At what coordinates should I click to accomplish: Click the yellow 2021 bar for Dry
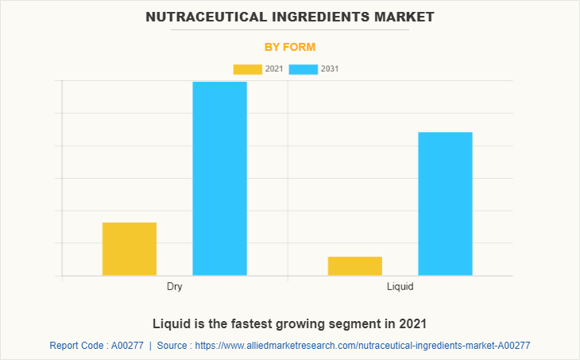point(130,249)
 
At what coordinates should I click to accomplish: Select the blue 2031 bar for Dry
point(220,179)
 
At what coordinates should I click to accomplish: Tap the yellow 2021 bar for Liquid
point(355,266)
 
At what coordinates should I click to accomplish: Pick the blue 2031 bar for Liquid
point(445,203)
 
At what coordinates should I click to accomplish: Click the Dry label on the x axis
point(175,286)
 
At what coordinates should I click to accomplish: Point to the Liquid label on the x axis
point(400,286)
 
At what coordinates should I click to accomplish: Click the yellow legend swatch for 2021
point(247,69)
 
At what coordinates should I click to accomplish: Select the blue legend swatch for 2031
point(304,69)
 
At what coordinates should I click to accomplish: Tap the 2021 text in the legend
point(274,69)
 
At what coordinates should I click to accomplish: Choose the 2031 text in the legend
point(330,69)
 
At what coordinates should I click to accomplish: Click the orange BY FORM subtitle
point(290,47)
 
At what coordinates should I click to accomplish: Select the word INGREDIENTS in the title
point(312,16)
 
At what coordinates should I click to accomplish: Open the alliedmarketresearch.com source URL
point(362,346)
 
